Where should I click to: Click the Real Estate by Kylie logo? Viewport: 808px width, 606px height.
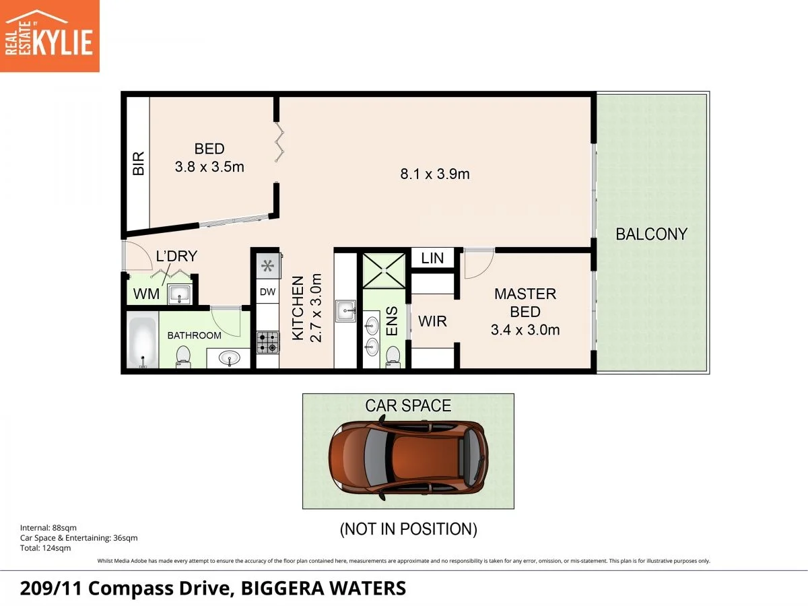tap(49, 36)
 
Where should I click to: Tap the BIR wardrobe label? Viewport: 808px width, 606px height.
tap(139, 164)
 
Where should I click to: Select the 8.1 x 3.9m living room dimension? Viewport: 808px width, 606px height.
tap(435, 174)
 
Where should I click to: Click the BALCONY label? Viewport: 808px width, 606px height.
tap(652, 234)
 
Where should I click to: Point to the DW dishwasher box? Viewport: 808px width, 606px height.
tap(267, 292)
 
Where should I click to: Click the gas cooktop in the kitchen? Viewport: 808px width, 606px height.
tap(268, 343)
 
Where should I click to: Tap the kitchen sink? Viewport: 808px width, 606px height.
tap(345, 311)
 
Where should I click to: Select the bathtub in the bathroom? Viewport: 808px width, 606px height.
tap(143, 340)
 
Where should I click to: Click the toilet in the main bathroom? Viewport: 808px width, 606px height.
tap(183, 357)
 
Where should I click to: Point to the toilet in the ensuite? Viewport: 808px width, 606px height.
tap(393, 357)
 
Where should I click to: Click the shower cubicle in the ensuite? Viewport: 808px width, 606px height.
tap(384, 271)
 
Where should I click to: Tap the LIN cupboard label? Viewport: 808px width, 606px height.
tap(432, 259)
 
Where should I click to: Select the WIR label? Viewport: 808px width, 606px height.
tap(432, 321)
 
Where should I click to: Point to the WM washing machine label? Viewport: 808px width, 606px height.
tap(147, 294)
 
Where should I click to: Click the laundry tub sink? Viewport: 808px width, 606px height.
tap(179, 294)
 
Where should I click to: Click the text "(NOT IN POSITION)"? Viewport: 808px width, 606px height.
tap(409, 529)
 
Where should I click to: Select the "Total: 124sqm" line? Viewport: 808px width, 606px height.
tap(45, 548)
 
